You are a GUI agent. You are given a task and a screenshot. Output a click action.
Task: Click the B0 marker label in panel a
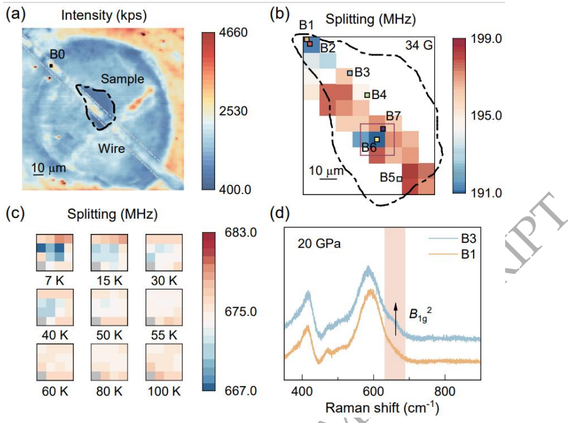(x=59, y=55)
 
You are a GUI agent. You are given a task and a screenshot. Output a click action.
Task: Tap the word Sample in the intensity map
(x=123, y=79)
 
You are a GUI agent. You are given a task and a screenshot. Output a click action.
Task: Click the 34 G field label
(x=418, y=45)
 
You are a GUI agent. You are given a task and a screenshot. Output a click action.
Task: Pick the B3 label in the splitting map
(x=362, y=73)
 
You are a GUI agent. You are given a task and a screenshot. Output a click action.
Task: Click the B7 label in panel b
(x=393, y=115)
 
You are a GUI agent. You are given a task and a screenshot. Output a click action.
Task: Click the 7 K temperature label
(x=54, y=280)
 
